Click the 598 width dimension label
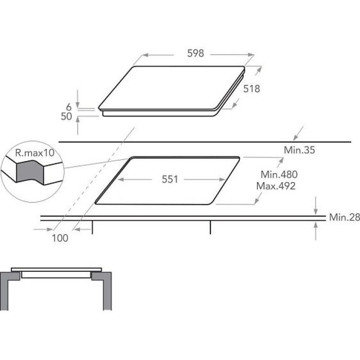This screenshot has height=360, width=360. pos(195,53)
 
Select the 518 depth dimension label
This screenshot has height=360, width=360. pos(252,89)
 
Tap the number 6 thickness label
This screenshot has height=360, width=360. pos(69,107)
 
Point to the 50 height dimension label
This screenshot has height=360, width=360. pos(66,117)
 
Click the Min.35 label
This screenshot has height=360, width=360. pos(299,150)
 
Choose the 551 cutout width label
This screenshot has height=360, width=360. pos(170,179)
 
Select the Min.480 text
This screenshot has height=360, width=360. pos(279,175)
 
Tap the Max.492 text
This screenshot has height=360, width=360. pos(276,186)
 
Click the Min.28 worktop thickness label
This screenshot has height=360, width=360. pos(344,217)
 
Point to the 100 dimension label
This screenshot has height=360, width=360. pos(60,238)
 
